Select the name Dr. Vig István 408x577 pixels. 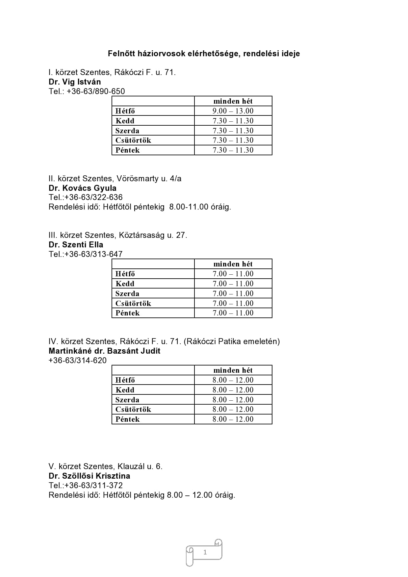click(x=75, y=82)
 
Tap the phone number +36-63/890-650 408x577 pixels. click(x=95, y=91)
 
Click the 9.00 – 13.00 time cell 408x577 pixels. click(x=233, y=111)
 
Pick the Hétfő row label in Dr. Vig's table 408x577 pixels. click(x=125, y=111)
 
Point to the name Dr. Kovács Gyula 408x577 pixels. click(x=83, y=188)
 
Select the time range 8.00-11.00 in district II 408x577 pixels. click(x=189, y=207)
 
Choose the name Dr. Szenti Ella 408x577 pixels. click(x=76, y=245)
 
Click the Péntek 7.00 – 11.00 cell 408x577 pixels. click(x=233, y=313)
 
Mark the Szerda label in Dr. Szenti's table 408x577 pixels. click(x=127, y=293)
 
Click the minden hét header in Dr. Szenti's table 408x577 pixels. click(x=233, y=264)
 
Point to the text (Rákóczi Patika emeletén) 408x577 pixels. click(x=232, y=341)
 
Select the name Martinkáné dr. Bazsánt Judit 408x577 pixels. click(x=104, y=351)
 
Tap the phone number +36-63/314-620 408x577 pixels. click(x=78, y=361)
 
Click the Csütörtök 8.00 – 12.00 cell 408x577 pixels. click(x=233, y=409)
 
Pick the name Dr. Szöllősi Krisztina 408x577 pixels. click(x=89, y=476)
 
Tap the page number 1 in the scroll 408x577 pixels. click(x=205, y=552)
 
